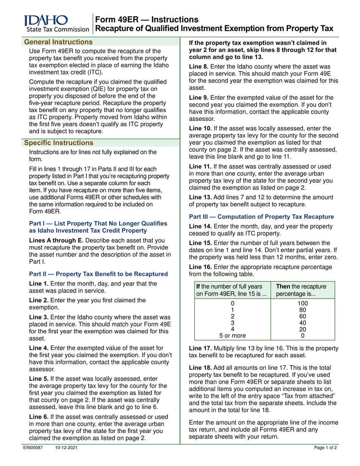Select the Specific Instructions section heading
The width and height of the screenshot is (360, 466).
click(58, 143)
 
